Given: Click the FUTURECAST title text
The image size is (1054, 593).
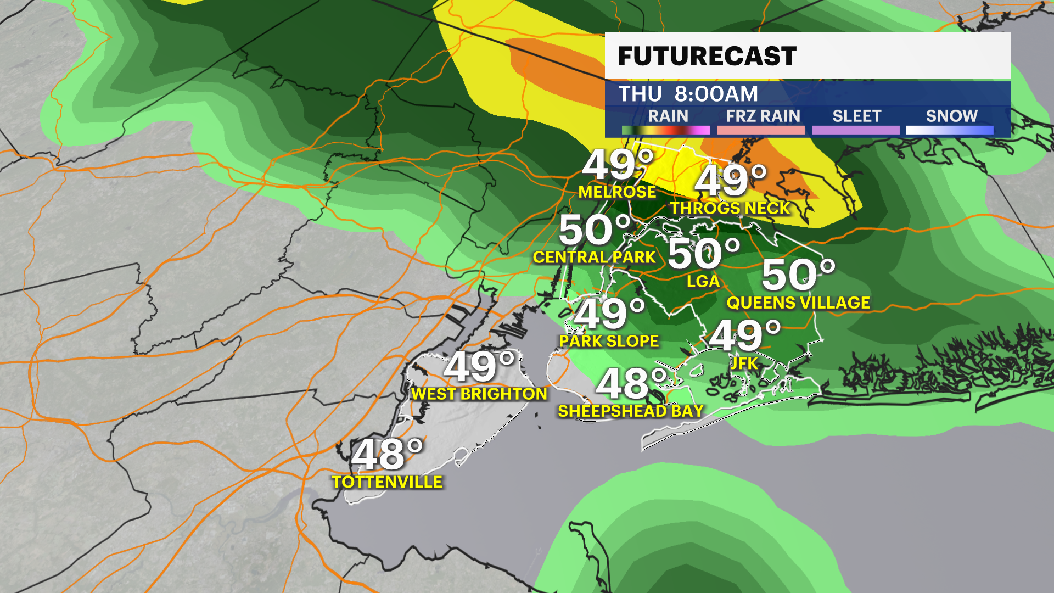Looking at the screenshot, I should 707,56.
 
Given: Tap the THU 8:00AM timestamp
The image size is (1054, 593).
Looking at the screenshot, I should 688,94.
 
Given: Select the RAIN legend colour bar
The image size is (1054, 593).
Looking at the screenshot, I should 665,130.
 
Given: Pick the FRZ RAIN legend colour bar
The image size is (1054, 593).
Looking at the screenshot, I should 760,130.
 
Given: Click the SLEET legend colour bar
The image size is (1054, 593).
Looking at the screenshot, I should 855,130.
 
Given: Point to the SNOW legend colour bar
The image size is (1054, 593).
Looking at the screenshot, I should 949,130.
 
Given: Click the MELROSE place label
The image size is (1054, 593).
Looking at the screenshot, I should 617,192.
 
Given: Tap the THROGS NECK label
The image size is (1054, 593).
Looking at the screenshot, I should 730,208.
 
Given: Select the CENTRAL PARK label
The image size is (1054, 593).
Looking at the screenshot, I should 594,257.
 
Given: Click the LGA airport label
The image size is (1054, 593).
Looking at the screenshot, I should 703,281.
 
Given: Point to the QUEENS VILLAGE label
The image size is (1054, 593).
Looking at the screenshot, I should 798,303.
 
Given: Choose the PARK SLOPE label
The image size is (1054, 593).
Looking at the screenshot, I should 609,341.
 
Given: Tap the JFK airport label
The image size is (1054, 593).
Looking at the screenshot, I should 744,363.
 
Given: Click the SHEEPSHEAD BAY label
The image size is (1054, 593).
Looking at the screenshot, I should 630,411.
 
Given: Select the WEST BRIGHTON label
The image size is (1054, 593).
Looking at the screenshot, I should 479,394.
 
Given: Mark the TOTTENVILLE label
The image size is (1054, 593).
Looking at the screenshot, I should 387,482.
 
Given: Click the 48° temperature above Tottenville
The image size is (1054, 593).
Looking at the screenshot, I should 388,455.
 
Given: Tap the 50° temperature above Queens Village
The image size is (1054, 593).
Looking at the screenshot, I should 798,275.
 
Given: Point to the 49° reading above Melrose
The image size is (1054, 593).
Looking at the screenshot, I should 618,164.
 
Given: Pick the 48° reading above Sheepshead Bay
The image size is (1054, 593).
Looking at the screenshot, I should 632,383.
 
